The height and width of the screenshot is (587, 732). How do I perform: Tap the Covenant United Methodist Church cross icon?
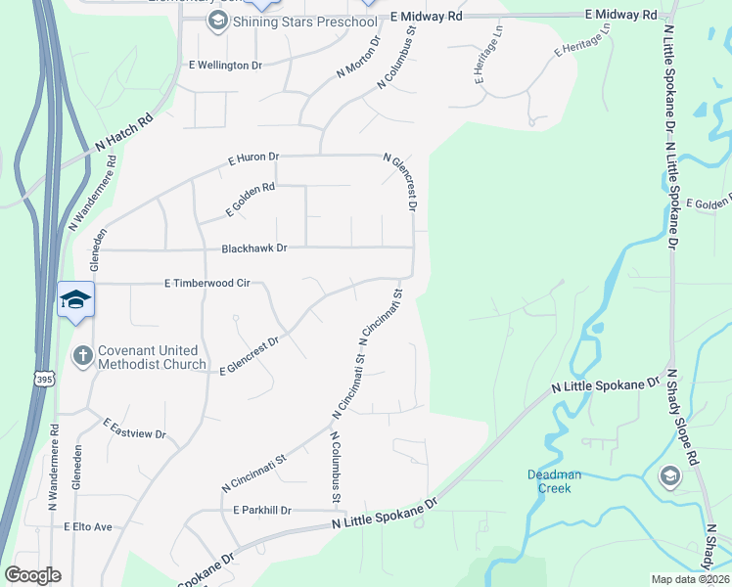(x=84, y=357)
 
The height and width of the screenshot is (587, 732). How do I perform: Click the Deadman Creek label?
(x=554, y=480)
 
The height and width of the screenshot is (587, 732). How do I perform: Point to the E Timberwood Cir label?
(x=208, y=283)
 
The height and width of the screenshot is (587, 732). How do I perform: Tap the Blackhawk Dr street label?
(x=253, y=248)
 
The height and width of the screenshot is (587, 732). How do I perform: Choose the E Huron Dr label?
(x=253, y=157)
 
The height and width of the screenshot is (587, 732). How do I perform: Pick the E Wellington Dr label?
(x=225, y=66)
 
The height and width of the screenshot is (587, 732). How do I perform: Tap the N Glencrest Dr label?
(x=402, y=181)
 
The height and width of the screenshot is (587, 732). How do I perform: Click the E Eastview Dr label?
(x=134, y=428)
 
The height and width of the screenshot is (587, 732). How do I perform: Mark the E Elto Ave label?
(x=88, y=526)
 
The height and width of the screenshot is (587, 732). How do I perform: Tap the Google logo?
(x=32, y=575)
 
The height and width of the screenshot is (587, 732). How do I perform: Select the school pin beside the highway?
(x=75, y=298)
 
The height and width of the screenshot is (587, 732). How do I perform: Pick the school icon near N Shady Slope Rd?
(x=671, y=476)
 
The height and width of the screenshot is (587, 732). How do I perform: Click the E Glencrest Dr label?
(x=251, y=355)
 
